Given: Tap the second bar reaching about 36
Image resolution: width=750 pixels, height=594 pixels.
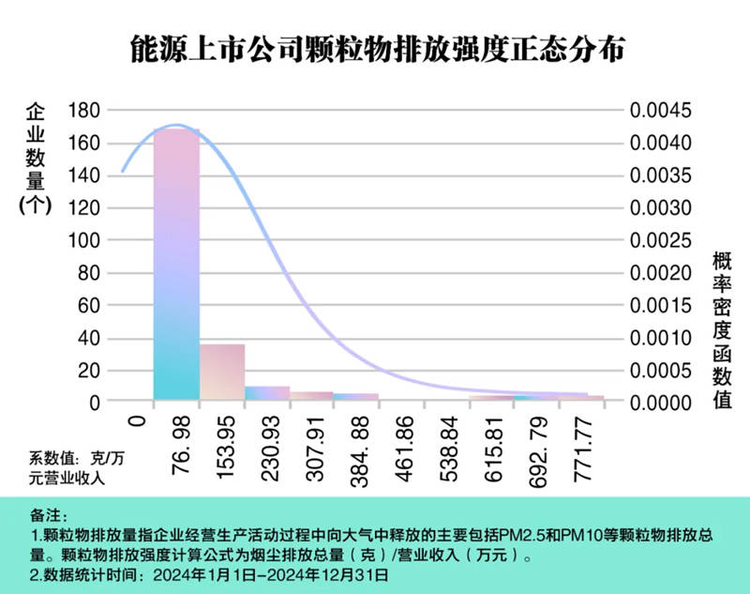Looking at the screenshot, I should pyautogui.click(x=222, y=372).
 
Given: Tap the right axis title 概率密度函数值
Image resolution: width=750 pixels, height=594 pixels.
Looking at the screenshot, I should pyautogui.click(x=722, y=329).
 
